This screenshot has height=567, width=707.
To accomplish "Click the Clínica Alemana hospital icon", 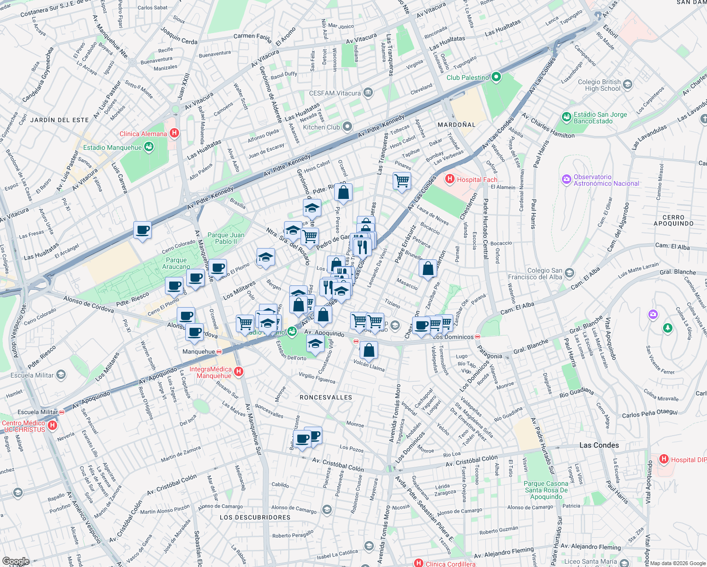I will pos(174,133).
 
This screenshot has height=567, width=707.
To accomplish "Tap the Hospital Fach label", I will pos(477,180).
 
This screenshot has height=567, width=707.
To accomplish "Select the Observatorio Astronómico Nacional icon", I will pos(566,179).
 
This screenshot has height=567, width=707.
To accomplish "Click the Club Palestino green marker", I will pos(496,77).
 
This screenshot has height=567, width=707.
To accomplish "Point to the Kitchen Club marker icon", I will pos(347,126).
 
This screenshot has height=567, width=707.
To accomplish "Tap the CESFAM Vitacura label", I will pos(335,93).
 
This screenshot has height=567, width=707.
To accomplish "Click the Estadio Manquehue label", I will pos(112,147).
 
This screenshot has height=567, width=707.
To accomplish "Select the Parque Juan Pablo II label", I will pos(226,238).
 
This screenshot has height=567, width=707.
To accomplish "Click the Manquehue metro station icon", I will pos(219,352).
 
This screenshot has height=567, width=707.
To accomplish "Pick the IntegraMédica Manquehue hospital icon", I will pos(239,372).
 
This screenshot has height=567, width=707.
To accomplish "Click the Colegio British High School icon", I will pos(628,85).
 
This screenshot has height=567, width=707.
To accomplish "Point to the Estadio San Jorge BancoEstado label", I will pos(600,118).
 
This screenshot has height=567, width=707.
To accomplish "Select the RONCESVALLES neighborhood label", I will pos(326,397).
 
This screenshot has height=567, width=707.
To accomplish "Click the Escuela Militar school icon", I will pos(60,375).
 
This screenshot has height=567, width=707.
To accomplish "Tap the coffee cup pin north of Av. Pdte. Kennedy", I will pos(142,230).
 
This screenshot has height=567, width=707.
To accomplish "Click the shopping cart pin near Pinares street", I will pos(402,180).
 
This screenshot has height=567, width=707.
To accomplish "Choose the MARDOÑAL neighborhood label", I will pos(456,125).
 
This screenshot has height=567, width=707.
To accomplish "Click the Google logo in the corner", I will pos(16,561).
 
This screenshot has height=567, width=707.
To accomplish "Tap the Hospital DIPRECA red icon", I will pos(664,459).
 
